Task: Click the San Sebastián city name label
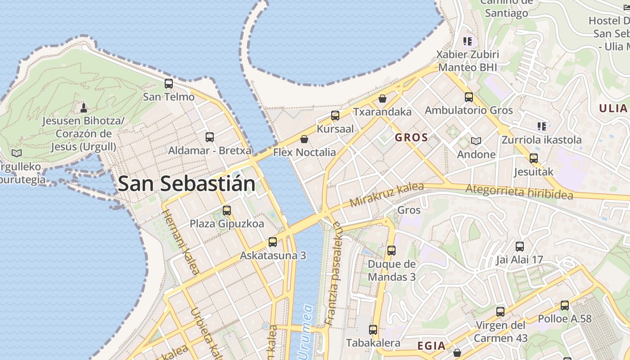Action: [x=186, y=184]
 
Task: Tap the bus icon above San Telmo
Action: [x=169, y=84]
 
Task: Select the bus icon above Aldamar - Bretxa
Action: [x=210, y=137]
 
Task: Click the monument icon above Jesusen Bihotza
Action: [x=83, y=108]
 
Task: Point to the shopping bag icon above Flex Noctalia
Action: [x=304, y=139]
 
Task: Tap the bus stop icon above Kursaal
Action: [x=335, y=116]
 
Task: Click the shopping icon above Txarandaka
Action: [x=382, y=99]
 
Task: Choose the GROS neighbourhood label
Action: [x=411, y=138]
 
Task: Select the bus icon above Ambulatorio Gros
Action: [x=469, y=97]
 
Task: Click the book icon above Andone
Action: [x=476, y=141]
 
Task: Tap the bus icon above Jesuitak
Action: [x=534, y=158]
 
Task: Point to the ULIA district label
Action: [x=613, y=108]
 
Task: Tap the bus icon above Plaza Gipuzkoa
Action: [x=227, y=211]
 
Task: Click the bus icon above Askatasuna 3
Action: [x=273, y=242]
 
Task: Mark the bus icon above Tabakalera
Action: [x=373, y=330]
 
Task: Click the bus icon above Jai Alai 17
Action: [x=520, y=247]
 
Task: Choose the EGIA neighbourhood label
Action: [x=432, y=346]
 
